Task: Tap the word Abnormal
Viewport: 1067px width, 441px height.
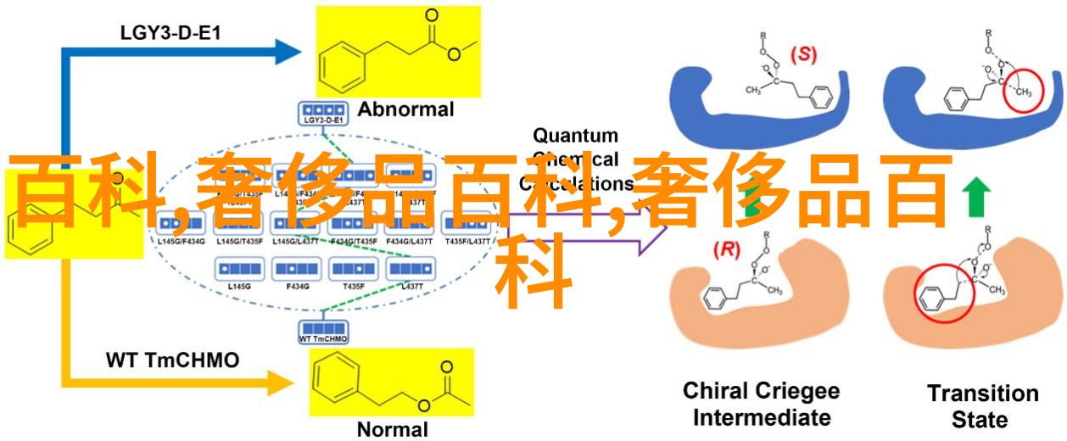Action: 405,109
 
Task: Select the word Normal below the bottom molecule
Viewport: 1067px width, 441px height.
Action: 393,429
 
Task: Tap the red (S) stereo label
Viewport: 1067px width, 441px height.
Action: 802,55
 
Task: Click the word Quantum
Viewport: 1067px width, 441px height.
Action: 575,136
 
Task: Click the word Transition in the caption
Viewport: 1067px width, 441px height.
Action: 982,394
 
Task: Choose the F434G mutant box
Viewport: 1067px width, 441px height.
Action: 297,270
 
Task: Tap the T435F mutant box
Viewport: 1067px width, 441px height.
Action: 353,270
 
